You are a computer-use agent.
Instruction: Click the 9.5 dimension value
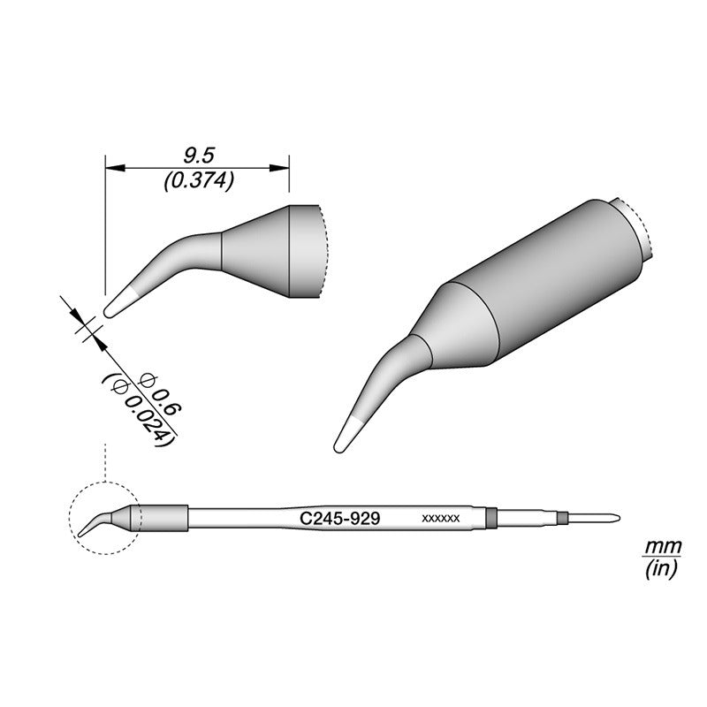198,156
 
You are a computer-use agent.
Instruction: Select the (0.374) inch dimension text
198,182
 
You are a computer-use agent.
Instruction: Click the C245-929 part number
340,519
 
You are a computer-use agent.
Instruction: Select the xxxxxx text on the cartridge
440,519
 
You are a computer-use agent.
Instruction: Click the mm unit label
662,547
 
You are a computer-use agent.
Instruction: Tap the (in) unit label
661,570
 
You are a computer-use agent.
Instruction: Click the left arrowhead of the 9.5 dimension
115,168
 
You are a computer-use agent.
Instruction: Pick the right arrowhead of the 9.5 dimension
279,168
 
